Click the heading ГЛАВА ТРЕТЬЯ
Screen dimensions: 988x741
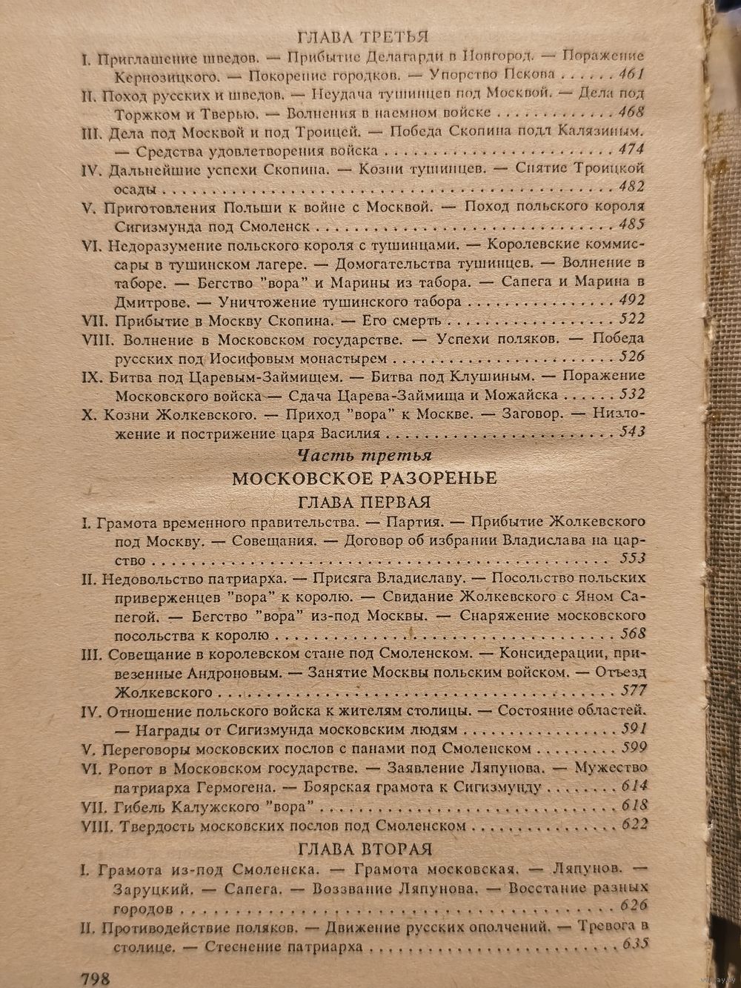coord(363,37)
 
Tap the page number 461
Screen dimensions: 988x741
coord(629,74)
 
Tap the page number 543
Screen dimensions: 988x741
coord(631,433)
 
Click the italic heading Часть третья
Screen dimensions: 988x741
coord(363,454)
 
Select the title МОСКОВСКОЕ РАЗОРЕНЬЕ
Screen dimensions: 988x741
coord(364,477)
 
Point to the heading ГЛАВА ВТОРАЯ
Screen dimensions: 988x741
coord(364,849)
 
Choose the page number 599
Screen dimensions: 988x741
coord(634,747)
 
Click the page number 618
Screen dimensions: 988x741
coord(634,806)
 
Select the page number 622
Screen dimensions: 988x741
coord(634,824)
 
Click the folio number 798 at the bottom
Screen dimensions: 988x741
coord(93,977)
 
